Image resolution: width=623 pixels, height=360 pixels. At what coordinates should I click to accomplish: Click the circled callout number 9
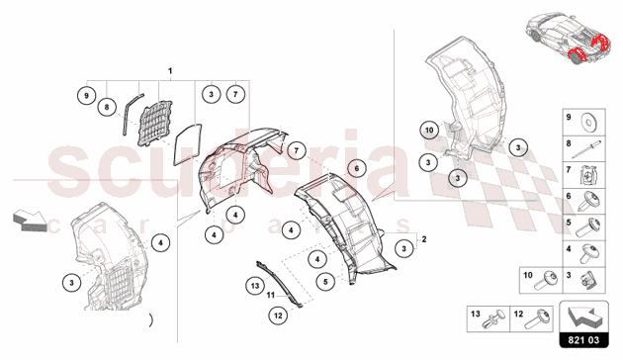pos(87,96)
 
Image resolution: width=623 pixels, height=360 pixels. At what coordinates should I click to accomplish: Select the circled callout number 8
pos(107,107)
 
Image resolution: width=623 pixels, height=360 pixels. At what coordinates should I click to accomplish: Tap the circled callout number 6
pos(356,168)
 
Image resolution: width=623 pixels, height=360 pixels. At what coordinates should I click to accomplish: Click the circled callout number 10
pos(429,130)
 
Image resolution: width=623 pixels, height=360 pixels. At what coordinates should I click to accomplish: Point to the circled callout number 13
pos(255,286)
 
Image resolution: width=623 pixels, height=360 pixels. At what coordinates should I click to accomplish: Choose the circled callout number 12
pos(278,315)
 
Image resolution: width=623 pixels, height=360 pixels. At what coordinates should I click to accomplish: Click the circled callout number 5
pos(325,281)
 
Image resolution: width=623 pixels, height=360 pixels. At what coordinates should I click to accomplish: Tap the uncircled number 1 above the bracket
pos(170,71)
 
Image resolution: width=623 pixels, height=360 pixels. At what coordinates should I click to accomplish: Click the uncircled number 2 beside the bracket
pos(424,239)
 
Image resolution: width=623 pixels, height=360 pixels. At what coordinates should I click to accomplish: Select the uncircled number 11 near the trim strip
pos(271,296)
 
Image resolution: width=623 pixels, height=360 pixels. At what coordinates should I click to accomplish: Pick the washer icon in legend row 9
pos(590,123)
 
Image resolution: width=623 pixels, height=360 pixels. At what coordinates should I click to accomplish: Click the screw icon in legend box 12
pos(537,319)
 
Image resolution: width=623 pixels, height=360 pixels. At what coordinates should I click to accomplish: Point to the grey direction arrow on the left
pos(30,221)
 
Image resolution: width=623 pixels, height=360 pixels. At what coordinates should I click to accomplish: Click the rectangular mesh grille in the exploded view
pos(154,123)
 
